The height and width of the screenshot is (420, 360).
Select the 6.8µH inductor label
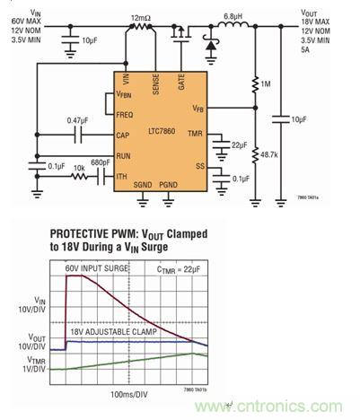tap(232, 16)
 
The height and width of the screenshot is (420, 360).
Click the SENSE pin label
tap(156, 86)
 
